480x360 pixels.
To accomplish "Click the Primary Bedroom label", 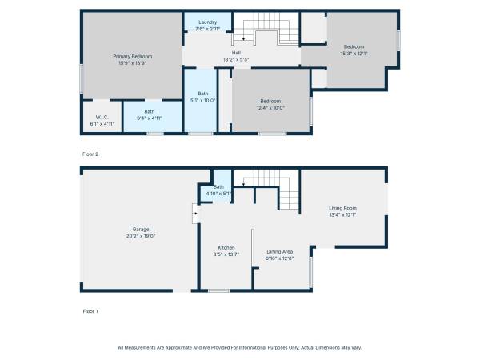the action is click(133, 56).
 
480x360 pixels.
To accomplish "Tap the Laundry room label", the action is click(207, 22).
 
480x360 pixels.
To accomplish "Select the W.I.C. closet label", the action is click(102, 118).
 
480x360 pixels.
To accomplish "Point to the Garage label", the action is click(141, 230).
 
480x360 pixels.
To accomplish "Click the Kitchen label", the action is click(226, 248).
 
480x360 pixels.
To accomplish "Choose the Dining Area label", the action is click(279, 252).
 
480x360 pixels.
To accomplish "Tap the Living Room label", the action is click(342, 208).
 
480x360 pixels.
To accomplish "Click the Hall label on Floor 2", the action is click(236, 53).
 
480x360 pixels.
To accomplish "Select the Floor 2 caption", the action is click(90, 154).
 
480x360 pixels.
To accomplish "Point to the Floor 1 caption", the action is click(90, 311).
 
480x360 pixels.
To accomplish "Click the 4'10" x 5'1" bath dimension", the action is click(218, 194).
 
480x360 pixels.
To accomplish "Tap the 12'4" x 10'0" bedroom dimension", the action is click(270, 108).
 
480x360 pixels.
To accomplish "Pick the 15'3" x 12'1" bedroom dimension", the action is click(354, 54).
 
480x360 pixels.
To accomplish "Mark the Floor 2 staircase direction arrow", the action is click(243, 39).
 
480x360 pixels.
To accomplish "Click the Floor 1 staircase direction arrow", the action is click(243, 184).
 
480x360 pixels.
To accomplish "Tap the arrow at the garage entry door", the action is click(195, 214).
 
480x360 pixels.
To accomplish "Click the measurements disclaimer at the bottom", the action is click(240, 348).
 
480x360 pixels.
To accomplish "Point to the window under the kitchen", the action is click(218, 291).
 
